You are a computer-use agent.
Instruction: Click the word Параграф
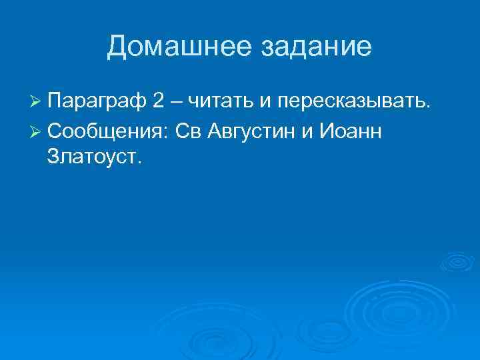(97, 101)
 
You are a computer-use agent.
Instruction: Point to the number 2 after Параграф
(157, 101)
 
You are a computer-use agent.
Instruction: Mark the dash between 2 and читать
(175, 101)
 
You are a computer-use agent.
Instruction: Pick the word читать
(217, 101)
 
